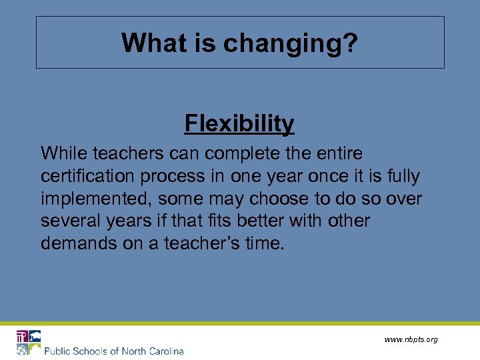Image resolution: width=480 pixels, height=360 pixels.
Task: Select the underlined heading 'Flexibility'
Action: pyautogui.click(x=239, y=123)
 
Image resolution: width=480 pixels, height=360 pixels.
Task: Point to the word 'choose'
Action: pyautogui.click(x=295, y=199)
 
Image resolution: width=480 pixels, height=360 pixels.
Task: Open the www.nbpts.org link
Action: pyautogui.click(x=411, y=339)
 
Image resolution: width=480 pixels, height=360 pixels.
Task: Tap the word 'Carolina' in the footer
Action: pyautogui.click(x=163, y=351)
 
